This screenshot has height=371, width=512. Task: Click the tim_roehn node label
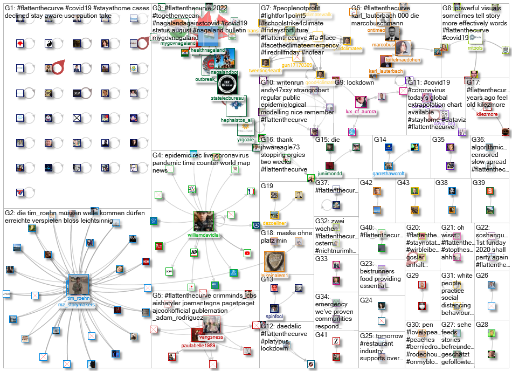click(x=78, y=298)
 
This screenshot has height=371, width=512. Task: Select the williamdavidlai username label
click(x=204, y=235)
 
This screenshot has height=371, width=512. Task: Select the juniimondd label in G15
click(x=330, y=174)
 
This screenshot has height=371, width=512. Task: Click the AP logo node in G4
click(x=193, y=252)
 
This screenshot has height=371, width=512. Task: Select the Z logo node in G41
click(x=335, y=341)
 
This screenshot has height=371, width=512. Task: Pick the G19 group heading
click(x=267, y=185)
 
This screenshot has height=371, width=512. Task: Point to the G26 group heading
click(x=482, y=275)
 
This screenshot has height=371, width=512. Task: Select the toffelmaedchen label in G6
click(x=402, y=60)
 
